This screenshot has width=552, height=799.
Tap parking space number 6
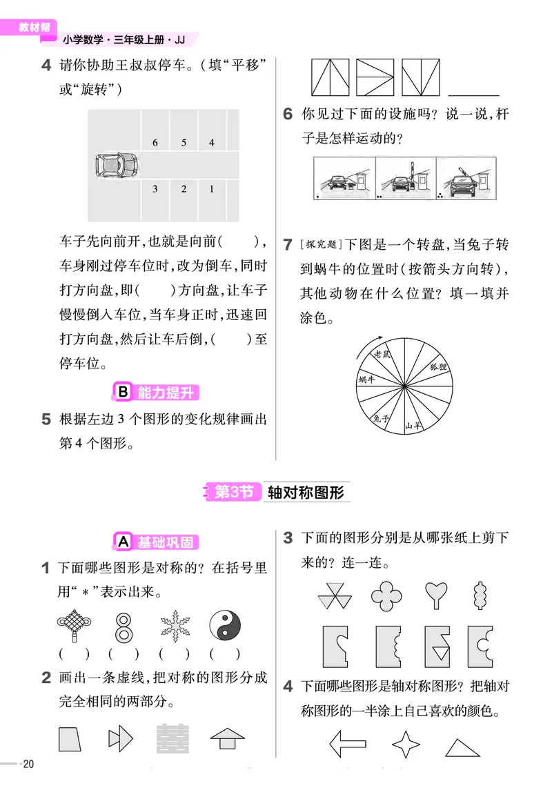(x=155, y=143)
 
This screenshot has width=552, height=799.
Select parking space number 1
(x=211, y=188)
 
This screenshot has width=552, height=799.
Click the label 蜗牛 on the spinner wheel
(x=366, y=379)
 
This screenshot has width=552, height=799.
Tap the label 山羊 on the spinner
(x=412, y=426)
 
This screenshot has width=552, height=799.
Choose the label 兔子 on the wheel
(x=382, y=417)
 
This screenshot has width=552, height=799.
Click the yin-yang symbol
(x=224, y=627)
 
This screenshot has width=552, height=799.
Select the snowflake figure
(x=174, y=627)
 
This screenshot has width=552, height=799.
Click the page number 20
(x=28, y=763)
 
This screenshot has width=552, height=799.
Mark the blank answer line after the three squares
(x=473, y=92)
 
